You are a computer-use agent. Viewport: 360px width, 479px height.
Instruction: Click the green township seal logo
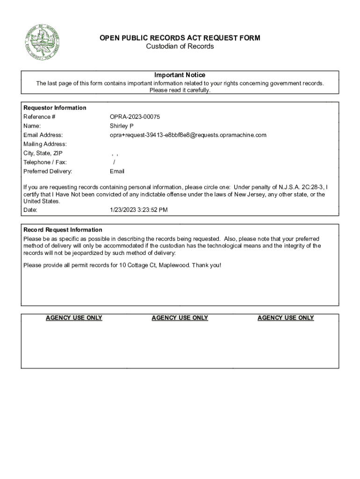point(42,43)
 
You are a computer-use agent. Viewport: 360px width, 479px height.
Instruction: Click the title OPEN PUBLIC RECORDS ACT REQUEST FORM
point(180,38)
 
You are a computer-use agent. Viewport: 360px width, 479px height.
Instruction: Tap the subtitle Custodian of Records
point(180,46)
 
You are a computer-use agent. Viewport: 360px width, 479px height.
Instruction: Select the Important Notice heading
point(180,75)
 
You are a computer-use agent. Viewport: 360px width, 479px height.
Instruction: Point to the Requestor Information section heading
point(55,108)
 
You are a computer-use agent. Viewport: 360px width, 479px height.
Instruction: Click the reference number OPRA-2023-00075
point(131,117)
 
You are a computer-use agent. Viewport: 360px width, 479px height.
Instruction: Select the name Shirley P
point(122,126)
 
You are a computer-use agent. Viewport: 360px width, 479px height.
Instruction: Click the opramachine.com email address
point(188,135)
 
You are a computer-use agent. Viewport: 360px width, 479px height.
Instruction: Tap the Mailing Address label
point(45,144)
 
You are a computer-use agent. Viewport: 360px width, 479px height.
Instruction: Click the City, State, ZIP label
point(43,153)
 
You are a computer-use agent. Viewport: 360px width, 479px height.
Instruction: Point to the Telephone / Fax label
point(45,162)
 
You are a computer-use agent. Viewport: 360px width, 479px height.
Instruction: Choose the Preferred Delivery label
point(48,171)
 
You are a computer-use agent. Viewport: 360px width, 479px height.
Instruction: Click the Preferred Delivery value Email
point(117,171)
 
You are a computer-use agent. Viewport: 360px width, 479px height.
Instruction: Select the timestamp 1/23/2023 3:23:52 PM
point(138,210)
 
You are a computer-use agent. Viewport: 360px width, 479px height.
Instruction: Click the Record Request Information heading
point(63,230)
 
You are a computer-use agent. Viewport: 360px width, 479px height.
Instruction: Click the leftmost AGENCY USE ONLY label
point(74,318)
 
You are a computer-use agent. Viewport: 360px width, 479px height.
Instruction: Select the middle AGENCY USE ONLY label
point(180,318)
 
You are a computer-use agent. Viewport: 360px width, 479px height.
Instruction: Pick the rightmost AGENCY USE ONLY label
point(286,318)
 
